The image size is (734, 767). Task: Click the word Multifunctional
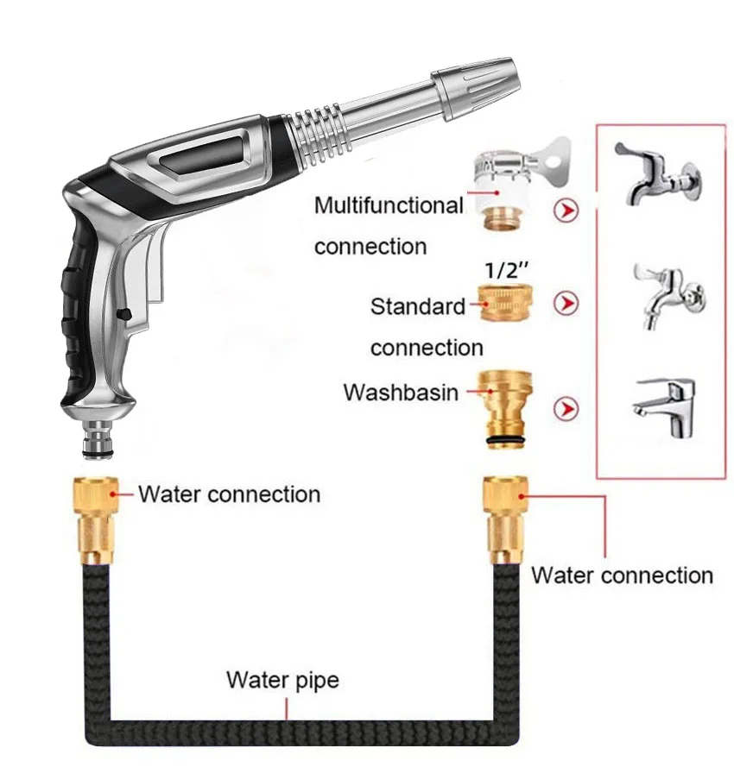[x=389, y=206]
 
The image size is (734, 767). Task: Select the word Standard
[x=417, y=306]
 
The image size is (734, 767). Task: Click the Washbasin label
[x=401, y=392]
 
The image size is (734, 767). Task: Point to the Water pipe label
[x=282, y=680]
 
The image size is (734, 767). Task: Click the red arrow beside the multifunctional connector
[x=566, y=210]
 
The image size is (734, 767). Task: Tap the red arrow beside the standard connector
[x=566, y=303]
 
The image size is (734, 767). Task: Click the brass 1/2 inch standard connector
[x=508, y=303]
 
